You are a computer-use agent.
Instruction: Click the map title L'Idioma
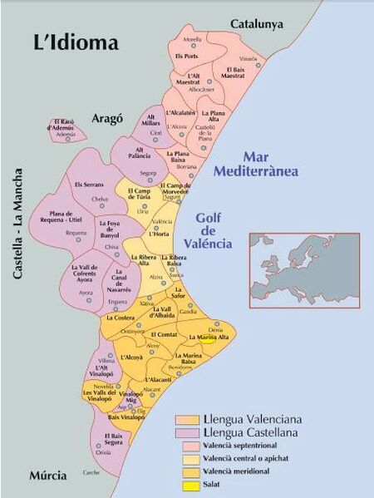76,42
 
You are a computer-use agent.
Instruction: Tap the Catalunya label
258,24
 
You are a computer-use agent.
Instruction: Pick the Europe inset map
304,269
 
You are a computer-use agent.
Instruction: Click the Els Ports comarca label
186,56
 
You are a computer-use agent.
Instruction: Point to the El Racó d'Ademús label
65,125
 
